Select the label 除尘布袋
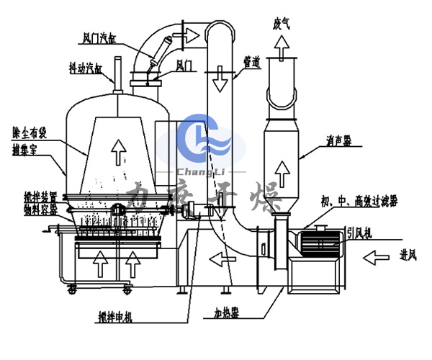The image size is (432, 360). click(x=30, y=132)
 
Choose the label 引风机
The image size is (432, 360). click(x=356, y=232)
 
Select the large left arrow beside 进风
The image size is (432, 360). click(x=380, y=256)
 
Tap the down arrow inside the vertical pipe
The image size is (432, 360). click(x=220, y=81)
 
